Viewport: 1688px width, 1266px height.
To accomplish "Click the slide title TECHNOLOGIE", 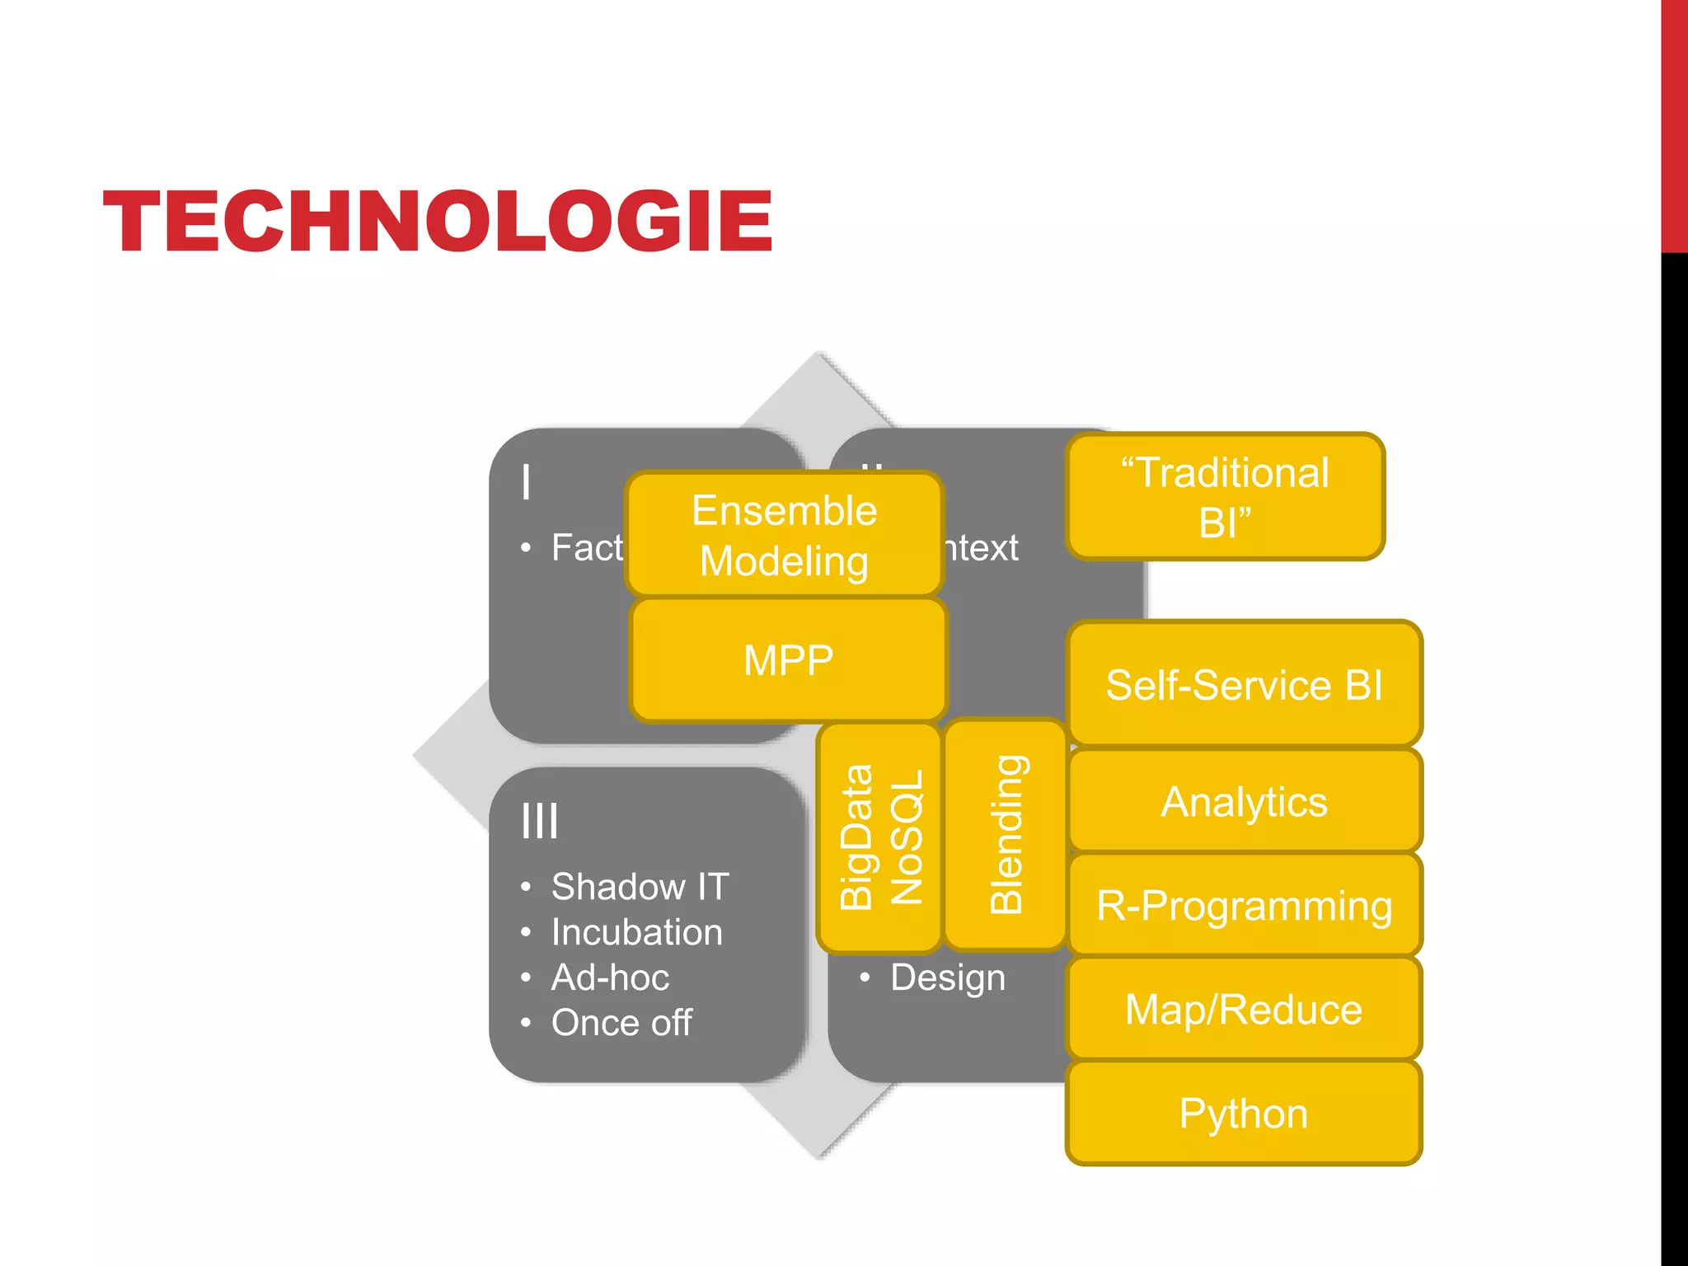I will (438, 221).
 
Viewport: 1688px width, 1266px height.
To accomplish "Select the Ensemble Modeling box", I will (784, 535).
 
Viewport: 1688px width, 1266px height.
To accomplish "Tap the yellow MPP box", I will (788, 660).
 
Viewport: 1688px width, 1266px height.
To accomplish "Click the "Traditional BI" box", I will (1225, 497).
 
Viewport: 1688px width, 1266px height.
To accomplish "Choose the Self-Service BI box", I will (1244, 685).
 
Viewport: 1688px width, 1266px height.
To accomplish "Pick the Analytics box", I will (1244, 801).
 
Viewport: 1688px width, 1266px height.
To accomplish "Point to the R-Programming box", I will (1244, 905).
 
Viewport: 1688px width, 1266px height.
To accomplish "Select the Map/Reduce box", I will (1244, 1009).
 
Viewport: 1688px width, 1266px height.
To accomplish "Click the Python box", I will (1244, 1113).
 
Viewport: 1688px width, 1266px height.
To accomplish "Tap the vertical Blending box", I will (1006, 835).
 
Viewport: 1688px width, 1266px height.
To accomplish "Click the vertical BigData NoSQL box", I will (879, 837).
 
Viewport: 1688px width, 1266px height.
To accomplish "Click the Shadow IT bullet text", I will (640, 887).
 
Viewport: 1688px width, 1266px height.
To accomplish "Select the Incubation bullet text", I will (636, 932).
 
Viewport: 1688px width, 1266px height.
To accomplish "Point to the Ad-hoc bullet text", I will (610, 978).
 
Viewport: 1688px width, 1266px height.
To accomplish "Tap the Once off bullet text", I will (621, 1023).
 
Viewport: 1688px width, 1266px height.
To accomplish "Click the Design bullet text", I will (948, 978).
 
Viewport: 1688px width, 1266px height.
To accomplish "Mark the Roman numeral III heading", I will (540, 821).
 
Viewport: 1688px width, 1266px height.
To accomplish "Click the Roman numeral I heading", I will (526, 482).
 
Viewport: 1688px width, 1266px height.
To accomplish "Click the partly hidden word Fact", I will (587, 548).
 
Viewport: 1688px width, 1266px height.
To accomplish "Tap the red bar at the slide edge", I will (1674, 124).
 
